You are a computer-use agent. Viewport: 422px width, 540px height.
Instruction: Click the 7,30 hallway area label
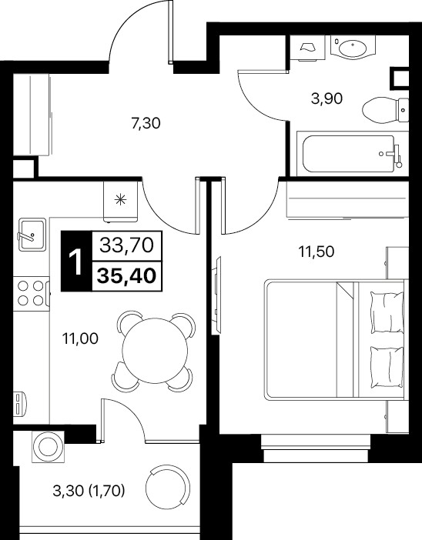[x=146, y=123]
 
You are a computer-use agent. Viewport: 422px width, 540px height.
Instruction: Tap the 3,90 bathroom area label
[x=327, y=98]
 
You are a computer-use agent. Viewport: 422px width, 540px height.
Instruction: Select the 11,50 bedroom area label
[x=316, y=252]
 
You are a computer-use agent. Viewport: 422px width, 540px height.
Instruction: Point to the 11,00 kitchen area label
[x=80, y=339]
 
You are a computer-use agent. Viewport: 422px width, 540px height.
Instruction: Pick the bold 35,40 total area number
[x=126, y=276]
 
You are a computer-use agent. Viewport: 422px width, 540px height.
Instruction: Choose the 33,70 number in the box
[x=126, y=245]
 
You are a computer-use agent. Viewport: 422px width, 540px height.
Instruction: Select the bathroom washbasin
[x=352, y=47]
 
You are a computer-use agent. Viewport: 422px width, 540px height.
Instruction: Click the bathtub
[x=350, y=154]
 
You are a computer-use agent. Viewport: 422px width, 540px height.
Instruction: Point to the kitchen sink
[x=32, y=235]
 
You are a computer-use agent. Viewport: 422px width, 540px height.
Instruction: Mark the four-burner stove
[x=31, y=293]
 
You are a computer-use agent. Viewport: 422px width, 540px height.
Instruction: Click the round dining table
[x=155, y=351]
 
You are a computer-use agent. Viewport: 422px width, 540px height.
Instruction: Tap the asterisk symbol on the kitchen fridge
[x=120, y=200]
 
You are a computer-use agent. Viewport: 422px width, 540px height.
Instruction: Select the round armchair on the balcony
[x=168, y=486]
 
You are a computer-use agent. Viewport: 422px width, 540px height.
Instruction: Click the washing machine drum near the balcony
[x=48, y=447]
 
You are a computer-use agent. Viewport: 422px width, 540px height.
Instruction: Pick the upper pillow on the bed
[x=386, y=312]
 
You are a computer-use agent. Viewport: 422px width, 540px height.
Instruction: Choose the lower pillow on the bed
[x=386, y=367]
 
